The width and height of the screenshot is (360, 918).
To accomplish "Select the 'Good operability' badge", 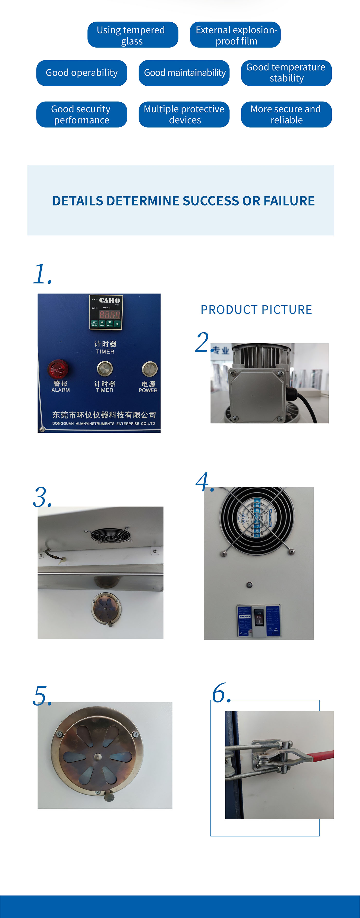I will click(82, 73).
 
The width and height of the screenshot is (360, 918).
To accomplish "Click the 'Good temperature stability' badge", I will click(286, 73).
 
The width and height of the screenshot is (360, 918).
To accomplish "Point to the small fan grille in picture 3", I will click(111, 534).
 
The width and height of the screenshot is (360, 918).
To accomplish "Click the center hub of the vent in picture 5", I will click(97, 756).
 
